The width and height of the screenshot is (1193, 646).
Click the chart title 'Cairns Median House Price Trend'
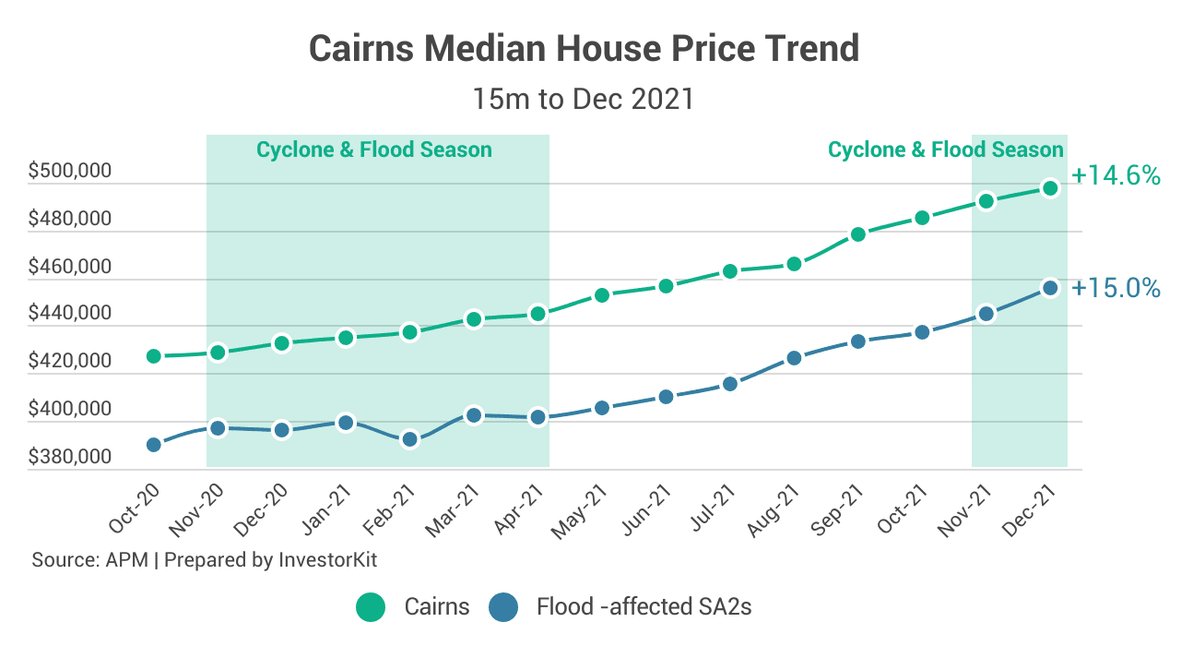pos(584,48)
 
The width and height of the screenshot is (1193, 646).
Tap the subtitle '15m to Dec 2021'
pos(583,99)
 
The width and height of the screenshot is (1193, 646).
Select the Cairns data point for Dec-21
pos(1049,188)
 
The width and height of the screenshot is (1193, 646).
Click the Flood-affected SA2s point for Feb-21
pos(410,439)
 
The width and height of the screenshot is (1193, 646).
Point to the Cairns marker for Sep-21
pos(857,234)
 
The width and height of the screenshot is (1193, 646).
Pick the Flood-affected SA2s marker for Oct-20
pos(154,445)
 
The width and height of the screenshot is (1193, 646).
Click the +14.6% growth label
pos(1116,175)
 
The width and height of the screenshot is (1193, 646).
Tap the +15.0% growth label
pos(1116,289)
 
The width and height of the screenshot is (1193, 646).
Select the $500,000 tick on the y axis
pos(70,172)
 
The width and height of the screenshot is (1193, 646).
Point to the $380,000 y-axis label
pos(70,457)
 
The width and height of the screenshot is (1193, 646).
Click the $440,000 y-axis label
pos(70,314)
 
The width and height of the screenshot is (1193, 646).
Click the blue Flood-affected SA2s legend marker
pos(503,607)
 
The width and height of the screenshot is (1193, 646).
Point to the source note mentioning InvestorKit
pos(205,560)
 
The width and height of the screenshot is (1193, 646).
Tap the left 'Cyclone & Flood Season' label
pos(374,150)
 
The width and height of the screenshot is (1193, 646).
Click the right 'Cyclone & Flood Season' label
pos(946,150)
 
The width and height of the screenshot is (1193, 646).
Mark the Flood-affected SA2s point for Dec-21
pos(1049,288)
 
